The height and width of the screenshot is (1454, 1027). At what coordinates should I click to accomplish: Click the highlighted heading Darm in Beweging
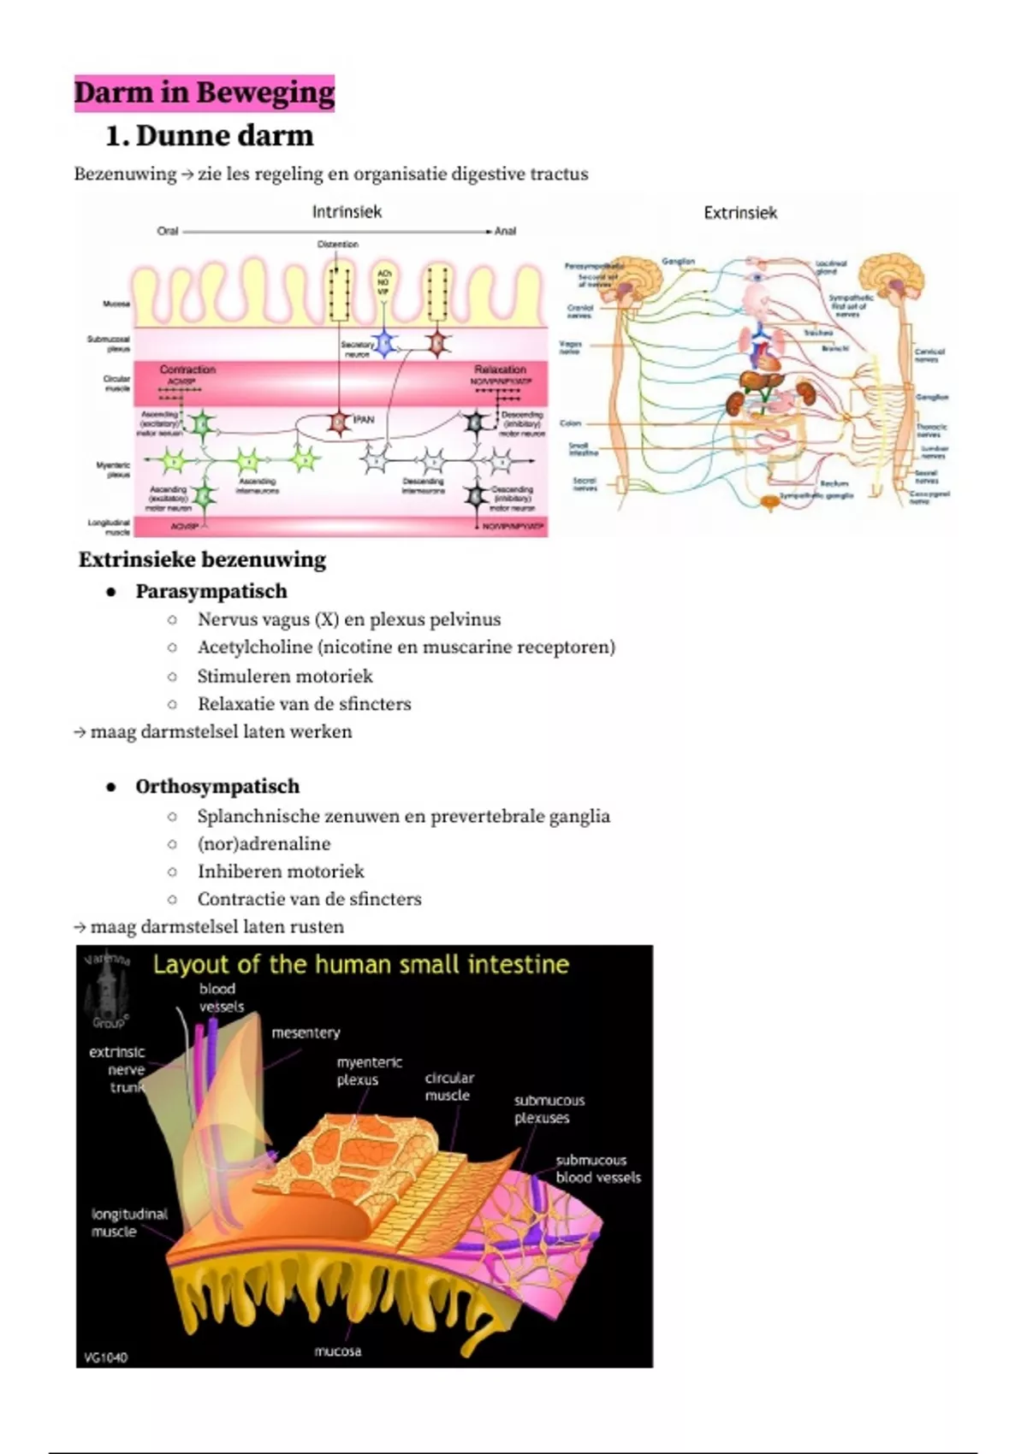point(204,92)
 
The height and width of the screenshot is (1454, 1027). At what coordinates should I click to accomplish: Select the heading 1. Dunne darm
point(209,135)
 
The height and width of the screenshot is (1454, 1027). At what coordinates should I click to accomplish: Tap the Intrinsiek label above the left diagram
point(347,211)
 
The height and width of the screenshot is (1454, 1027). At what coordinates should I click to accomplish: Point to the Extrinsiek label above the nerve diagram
point(740,213)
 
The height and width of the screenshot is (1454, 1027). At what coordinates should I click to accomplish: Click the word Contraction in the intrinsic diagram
point(187,369)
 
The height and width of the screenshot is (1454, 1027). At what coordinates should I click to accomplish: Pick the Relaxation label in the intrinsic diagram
point(500,369)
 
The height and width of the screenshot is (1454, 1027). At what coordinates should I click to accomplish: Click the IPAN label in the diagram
point(364,420)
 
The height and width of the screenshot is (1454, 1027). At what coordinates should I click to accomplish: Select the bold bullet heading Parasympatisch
point(211,591)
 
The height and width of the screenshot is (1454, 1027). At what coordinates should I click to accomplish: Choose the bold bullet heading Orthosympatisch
point(217,786)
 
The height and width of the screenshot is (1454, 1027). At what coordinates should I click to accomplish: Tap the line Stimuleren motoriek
point(285,676)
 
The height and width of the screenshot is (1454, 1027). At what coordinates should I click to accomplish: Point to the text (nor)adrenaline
point(264,843)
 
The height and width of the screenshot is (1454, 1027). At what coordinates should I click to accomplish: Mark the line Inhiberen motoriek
point(281,871)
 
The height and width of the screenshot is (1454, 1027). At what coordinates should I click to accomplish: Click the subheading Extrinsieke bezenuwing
point(203,559)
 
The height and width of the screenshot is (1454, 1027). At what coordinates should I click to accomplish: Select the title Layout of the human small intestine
point(361,965)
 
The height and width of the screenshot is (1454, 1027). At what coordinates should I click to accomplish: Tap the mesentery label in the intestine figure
point(306,1032)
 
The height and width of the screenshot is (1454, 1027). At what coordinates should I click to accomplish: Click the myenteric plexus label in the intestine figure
point(369,1071)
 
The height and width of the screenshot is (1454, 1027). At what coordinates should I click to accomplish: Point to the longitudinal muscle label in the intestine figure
point(129,1222)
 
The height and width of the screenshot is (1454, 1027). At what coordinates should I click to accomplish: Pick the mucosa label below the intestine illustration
point(337,1351)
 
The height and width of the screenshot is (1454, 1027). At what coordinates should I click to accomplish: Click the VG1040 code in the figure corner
point(106,1356)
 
